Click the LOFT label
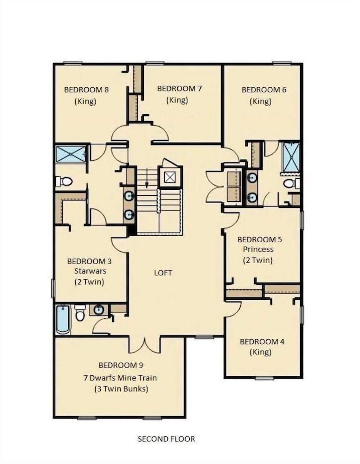click(x=163, y=272)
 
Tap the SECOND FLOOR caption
click(x=166, y=438)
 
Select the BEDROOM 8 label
click(x=86, y=90)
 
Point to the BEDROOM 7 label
click(x=179, y=88)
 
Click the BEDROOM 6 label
click(x=264, y=90)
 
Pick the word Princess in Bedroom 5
click(x=258, y=249)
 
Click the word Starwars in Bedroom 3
click(x=90, y=271)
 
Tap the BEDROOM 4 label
click(x=262, y=342)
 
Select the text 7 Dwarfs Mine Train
click(x=120, y=378)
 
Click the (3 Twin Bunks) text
click(x=121, y=388)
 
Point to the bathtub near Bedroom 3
click(x=63, y=320)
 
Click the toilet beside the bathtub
click(x=80, y=313)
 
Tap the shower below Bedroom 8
click(x=71, y=154)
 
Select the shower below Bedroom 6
click(x=292, y=157)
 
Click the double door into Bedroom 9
click(x=144, y=344)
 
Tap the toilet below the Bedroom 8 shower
click(x=64, y=181)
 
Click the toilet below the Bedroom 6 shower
click(x=291, y=183)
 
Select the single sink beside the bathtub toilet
click(x=98, y=310)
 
